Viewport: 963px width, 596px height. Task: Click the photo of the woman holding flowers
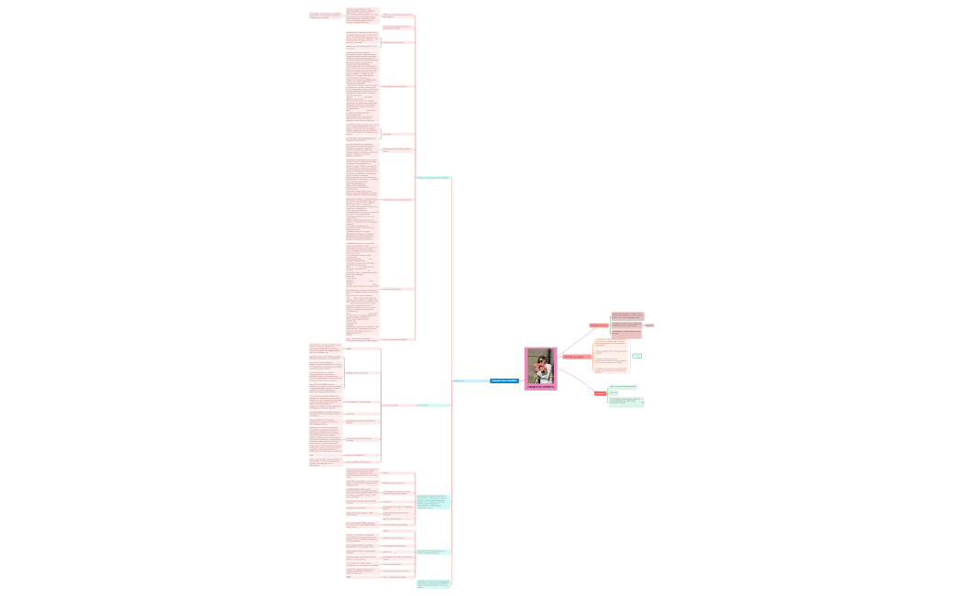click(540, 366)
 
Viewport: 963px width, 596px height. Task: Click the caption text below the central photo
click(540, 387)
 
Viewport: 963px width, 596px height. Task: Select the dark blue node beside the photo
click(504, 381)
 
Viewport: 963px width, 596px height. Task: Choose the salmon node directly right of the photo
click(576, 357)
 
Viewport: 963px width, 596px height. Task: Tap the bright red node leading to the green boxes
click(600, 393)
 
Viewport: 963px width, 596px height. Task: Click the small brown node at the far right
click(649, 325)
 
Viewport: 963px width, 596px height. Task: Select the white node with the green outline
click(636, 356)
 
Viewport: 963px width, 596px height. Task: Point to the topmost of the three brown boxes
click(627, 315)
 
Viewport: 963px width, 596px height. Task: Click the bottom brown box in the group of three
click(627, 333)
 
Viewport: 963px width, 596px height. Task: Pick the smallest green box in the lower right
click(614, 392)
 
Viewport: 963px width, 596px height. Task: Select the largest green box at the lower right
click(626, 401)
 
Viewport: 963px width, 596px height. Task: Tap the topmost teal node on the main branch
click(433, 177)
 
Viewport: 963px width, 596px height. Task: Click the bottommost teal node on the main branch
click(434, 583)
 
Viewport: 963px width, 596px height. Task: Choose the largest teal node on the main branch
click(433, 502)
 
